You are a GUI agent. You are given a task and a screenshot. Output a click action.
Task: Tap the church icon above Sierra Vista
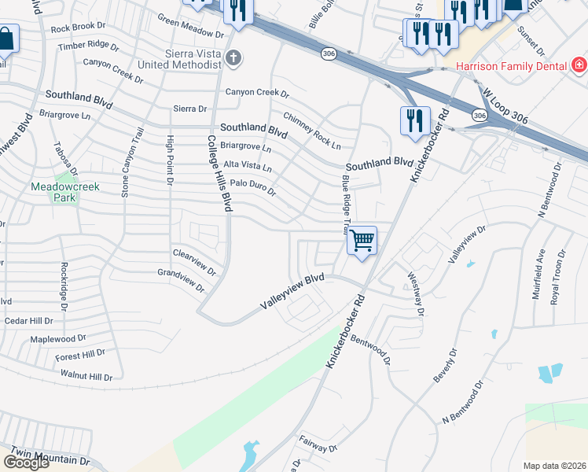(x=233, y=57)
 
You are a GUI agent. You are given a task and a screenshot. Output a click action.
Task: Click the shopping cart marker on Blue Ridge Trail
(x=362, y=240)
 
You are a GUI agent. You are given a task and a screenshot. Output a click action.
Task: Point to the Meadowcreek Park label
(x=53, y=192)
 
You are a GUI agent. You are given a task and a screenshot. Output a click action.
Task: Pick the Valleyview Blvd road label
(x=293, y=290)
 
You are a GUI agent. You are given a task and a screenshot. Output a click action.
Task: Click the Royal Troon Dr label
(x=558, y=276)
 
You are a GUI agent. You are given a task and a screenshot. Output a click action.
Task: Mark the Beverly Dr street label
(x=443, y=367)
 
